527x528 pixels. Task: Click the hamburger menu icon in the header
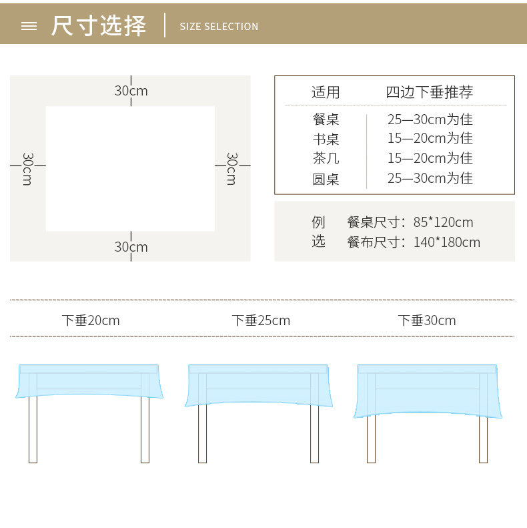click(x=29, y=26)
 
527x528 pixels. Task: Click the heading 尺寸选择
click(x=99, y=26)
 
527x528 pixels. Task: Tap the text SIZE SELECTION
click(x=219, y=27)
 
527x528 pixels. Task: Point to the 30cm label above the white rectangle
click(x=131, y=91)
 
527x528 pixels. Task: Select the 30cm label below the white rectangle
click(x=131, y=247)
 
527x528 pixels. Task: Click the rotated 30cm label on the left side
click(x=27, y=169)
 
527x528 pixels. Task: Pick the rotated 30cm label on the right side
click(x=231, y=169)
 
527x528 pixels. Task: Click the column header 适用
click(x=326, y=93)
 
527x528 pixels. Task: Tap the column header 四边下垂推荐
click(x=430, y=93)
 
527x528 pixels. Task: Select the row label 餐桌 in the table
click(x=326, y=119)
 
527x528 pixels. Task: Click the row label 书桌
click(x=326, y=139)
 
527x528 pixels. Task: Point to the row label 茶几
click(x=326, y=158)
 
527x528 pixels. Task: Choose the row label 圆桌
click(x=326, y=178)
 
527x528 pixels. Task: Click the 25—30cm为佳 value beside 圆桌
click(x=430, y=178)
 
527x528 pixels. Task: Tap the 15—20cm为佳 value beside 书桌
click(x=430, y=139)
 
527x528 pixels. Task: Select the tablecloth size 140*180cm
click(x=446, y=242)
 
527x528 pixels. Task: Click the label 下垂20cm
click(x=91, y=320)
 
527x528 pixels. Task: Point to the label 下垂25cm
click(x=261, y=320)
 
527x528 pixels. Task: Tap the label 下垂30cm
click(x=427, y=320)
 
